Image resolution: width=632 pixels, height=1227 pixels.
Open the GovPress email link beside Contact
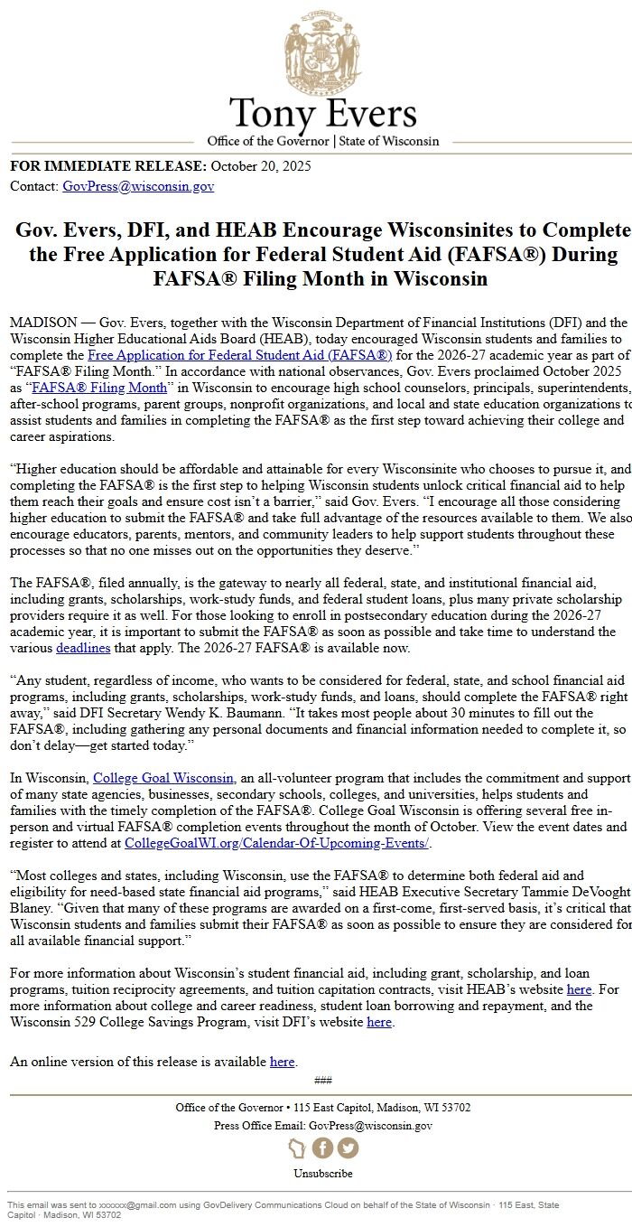pos(138,186)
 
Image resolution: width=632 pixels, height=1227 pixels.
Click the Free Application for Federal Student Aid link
pos(239,355)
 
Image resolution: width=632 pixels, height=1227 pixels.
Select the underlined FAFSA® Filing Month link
pos(99,388)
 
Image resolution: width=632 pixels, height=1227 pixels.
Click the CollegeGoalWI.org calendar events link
pos(276,843)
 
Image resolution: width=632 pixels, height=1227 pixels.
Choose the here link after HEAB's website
pos(579,989)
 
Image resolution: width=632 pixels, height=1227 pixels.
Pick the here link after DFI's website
pos(379,1022)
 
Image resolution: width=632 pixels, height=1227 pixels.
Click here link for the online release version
pos(283,1062)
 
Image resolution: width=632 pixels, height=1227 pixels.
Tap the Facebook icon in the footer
pos(322,1147)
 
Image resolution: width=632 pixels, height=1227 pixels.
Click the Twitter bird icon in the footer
pos(348,1147)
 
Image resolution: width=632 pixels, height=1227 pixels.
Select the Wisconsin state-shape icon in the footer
pos(297,1147)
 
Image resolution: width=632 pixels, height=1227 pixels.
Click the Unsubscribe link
pos(322,1174)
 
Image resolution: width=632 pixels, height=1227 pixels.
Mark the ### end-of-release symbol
pos(322,1081)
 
